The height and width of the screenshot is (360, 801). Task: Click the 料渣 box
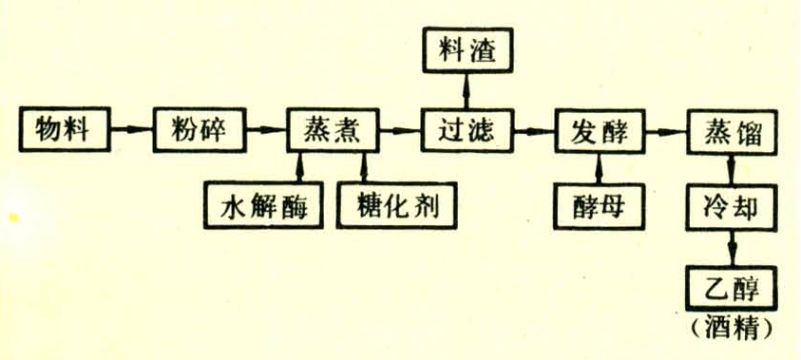tap(467, 49)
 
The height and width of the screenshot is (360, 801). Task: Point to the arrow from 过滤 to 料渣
tap(467, 90)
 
